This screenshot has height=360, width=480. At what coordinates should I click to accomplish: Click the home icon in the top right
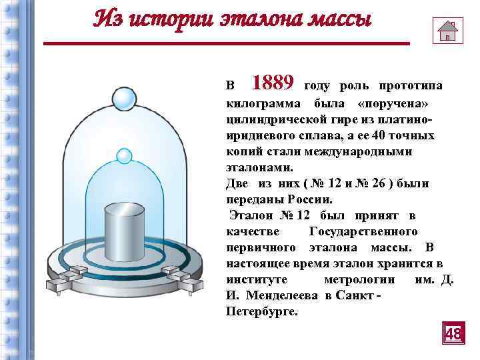point(447,29)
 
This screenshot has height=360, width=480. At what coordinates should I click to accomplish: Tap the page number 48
point(453,333)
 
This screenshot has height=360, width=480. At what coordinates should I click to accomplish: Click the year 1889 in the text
point(273,83)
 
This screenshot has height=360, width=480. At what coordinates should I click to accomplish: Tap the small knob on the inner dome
point(123,157)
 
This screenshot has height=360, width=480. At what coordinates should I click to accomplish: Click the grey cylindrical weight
point(124,230)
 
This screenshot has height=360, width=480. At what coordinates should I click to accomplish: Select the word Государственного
point(363,231)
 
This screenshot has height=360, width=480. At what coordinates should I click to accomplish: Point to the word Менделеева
point(281,295)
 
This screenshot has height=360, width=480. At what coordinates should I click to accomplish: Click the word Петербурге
point(263,311)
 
